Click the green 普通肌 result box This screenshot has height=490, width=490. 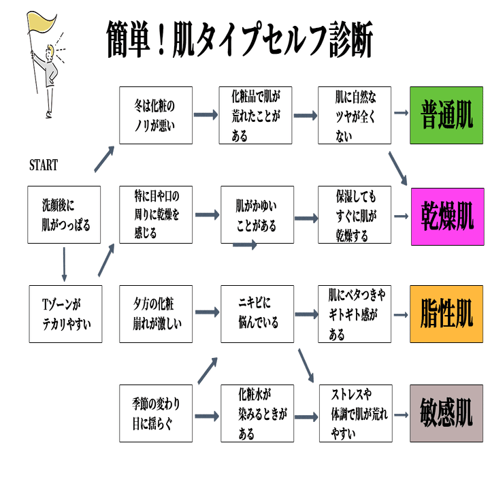click(446, 115)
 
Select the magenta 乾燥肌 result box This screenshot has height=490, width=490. click(448, 216)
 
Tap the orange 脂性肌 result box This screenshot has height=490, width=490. click(446, 314)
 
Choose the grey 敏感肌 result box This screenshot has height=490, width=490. click(446, 414)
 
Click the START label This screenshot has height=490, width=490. click(44, 165)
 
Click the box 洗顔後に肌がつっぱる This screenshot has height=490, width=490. click(64, 214)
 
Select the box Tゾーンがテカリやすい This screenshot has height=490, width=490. click(65, 314)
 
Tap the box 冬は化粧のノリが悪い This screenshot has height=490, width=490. click(156, 115)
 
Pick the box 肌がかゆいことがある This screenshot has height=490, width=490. click(257, 214)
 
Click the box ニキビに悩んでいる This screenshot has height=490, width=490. click(257, 314)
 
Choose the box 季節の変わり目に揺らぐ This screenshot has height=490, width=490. click(156, 414)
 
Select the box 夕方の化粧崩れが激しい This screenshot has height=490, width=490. click(156, 314)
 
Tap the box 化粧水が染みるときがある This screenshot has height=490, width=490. click(257, 414)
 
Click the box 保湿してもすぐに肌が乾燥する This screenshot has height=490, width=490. click(355, 214)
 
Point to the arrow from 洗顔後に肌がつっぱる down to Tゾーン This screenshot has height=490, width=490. click(64, 264)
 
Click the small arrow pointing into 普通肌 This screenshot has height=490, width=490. click(402, 113)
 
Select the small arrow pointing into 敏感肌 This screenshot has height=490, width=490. click(402, 415)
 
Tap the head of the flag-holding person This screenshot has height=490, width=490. click(50, 52)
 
